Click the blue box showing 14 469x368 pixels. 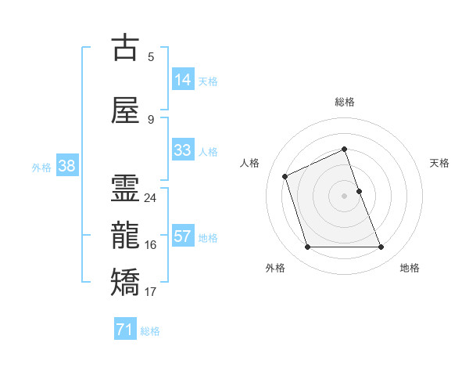(x=183, y=80)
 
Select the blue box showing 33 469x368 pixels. (x=183, y=150)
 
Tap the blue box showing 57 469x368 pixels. (x=183, y=236)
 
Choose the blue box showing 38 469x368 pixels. (x=66, y=166)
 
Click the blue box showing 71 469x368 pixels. (x=125, y=330)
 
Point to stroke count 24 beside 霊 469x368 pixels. (x=150, y=198)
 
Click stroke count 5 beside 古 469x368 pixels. (x=151, y=56)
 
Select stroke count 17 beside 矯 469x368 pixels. (x=150, y=292)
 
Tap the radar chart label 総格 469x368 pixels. (x=345, y=102)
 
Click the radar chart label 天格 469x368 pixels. (x=440, y=163)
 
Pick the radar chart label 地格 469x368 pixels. (x=410, y=268)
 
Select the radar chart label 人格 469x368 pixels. (x=249, y=163)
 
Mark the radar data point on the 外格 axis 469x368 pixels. (x=307, y=247)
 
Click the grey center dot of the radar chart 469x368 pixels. (x=345, y=196)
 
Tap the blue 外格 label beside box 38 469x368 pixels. (x=41, y=167)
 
